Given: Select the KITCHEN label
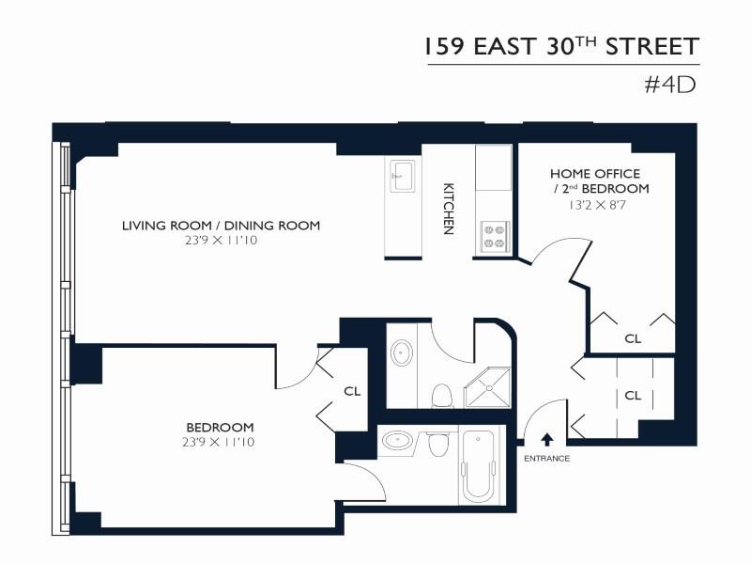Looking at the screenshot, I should pyautogui.click(x=449, y=208).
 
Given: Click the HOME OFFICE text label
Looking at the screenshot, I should pyautogui.click(x=595, y=174).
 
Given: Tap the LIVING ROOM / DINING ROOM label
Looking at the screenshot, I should pyautogui.click(x=221, y=226).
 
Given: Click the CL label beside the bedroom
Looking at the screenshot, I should pyautogui.click(x=352, y=390).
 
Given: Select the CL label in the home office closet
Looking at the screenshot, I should pyautogui.click(x=633, y=338).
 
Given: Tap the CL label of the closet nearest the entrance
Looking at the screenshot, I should pyautogui.click(x=633, y=396).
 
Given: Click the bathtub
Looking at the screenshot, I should pyautogui.click(x=479, y=466).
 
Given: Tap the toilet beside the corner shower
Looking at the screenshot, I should pyautogui.click(x=440, y=395).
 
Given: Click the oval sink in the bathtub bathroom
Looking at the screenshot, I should pyautogui.click(x=399, y=440).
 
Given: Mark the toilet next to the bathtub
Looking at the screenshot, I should pyautogui.click(x=437, y=444).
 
